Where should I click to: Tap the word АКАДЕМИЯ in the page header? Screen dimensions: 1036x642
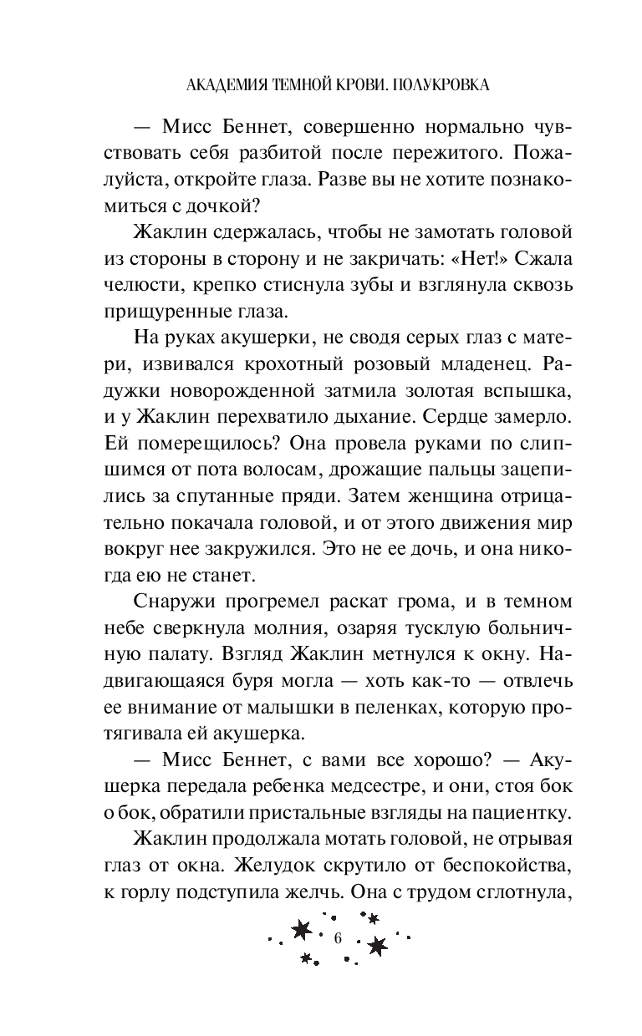(x=220, y=84)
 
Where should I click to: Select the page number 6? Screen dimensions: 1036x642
(x=338, y=937)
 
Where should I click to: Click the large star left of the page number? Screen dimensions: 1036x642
(x=302, y=930)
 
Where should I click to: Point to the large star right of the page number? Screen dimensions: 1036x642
(x=378, y=945)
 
